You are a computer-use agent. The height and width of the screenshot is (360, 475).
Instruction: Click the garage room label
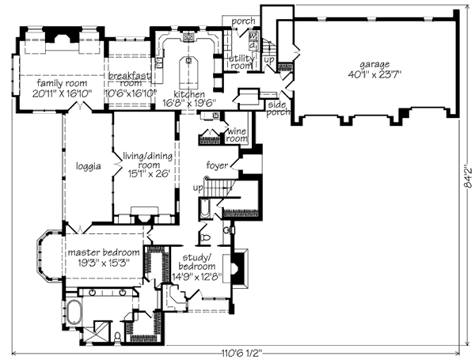pyautogui.click(x=374, y=65)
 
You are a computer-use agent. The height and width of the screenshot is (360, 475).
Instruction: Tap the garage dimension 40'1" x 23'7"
pyautogui.click(x=374, y=75)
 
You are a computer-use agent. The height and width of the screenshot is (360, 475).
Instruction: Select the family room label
pyautogui.click(x=62, y=83)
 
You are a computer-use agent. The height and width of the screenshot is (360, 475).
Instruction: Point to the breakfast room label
pyautogui.click(x=129, y=79)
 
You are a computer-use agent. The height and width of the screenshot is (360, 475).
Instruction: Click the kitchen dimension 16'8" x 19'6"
pyautogui.click(x=189, y=103)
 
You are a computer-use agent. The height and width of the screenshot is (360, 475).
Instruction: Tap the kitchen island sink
pyautogui.click(x=188, y=60)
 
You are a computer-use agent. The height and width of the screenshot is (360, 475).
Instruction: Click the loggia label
pyautogui.click(x=88, y=166)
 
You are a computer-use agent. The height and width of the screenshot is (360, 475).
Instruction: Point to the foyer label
pyautogui.click(x=217, y=165)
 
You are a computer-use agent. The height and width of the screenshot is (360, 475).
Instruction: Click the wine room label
pyautogui.click(x=237, y=135)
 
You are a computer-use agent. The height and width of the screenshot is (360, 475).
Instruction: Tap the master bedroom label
pyautogui.click(x=104, y=252)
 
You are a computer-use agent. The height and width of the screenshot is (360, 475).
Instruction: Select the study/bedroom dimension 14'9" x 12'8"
pyautogui.click(x=197, y=277)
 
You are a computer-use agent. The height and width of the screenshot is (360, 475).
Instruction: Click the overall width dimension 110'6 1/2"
pyautogui.click(x=241, y=353)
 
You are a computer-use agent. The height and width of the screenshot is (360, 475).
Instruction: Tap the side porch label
pyautogui.click(x=278, y=108)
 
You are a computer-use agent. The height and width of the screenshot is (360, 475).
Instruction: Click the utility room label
pyautogui.click(x=241, y=62)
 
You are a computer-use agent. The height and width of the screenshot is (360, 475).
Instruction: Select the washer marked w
pyautogui.click(x=253, y=36)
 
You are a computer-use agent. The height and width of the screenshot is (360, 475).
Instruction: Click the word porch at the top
pyautogui.click(x=243, y=21)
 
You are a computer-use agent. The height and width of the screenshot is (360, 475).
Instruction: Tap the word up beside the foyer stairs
pyautogui.click(x=198, y=188)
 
